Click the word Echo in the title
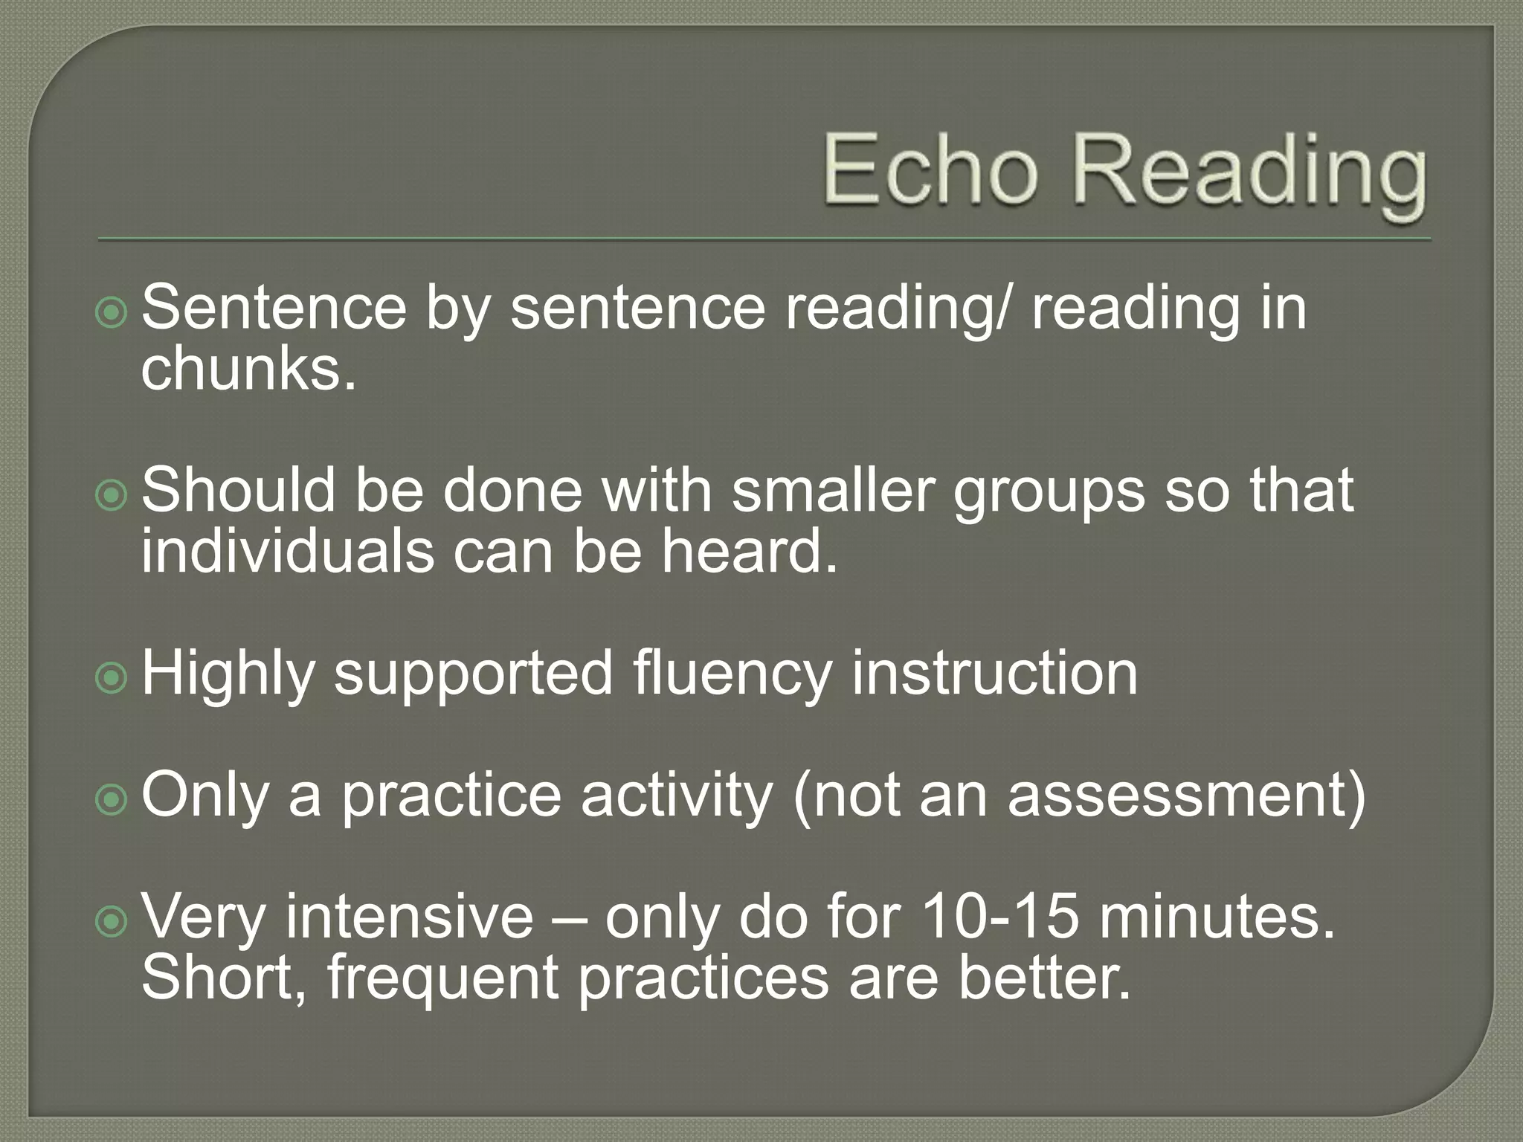pos(930,170)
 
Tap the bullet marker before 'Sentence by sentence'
pos(112,313)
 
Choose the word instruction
pos(994,673)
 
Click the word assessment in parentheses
pos(1176,796)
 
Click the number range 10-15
pos(999,917)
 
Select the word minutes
pos(1217,917)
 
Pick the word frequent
pos(442,979)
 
